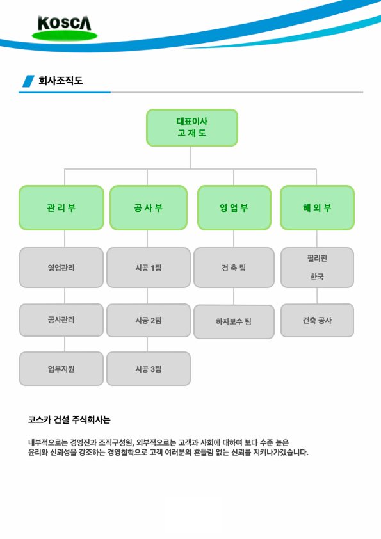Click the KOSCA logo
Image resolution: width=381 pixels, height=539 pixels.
pyautogui.click(x=65, y=28)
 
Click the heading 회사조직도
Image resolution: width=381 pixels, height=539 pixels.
pyautogui.click(x=61, y=81)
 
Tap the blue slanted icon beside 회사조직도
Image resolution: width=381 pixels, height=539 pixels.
pyautogui.click(x=29, y=81)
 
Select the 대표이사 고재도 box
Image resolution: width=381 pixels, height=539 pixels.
pyautogui.click(x=192, y=127)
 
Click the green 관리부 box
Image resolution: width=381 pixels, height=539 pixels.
pyautogui.click(x=61, y=207)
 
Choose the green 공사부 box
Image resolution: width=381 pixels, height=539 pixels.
pyautogui.click(x=149, y=207)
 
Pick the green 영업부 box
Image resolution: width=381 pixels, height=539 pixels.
pyautogui.click(x=234, y=207)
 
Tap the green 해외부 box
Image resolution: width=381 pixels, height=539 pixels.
pyautogui.click(x=317, y=207)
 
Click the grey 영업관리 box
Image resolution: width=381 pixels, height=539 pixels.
pyautogui.click(x=61, y=268)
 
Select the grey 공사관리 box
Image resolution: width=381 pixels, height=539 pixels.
pyautogui.click(x=61, y=320)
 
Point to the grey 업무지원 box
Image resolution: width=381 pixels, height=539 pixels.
pyautogui.click(x=61, y=369)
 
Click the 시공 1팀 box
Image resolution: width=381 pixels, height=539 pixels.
pyautogui.click(x=149, y=268)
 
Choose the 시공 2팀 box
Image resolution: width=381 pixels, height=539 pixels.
pyautogui.click(x=149, y=320)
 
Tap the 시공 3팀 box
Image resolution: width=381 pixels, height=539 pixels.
pyautogui.click(x=149, y=369)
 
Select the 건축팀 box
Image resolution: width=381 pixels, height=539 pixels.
pyautogui.click(x=234, y=268)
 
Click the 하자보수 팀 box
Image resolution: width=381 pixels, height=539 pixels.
pyautogui.click(x=234, y=322)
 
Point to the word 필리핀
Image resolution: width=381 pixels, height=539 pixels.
pyautogui.click(x=317, y=258)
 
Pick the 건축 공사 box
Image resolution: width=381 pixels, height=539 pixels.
pyautogui.click(x=317, y=320)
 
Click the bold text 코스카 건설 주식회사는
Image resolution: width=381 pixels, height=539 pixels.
pyautogui.click(x=69, y=420)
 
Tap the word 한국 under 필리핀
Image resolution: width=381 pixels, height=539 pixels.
pyautogui.click(x=317, y=277)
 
